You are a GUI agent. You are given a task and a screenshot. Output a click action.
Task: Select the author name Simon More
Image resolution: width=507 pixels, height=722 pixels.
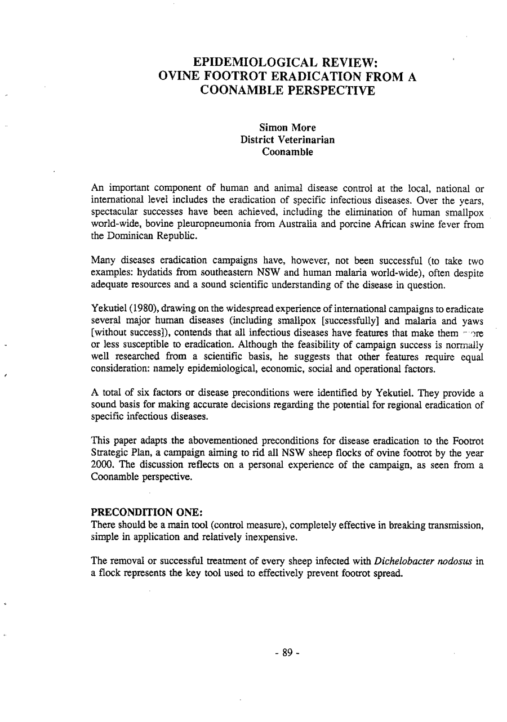287,128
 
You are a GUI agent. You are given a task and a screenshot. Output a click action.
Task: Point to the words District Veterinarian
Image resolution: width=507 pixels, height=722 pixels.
287,140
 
